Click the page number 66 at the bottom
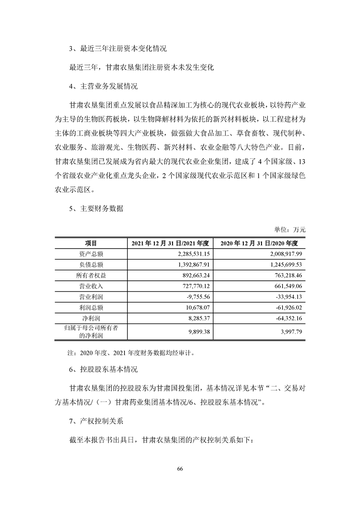[180, 469]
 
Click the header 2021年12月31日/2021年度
[170, 243]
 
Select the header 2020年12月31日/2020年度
[259, 243]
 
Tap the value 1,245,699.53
[283, 264]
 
